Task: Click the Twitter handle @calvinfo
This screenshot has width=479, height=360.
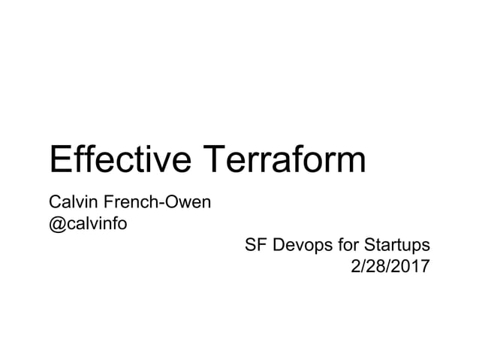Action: [x=86, y=223]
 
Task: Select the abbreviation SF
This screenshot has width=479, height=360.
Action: [x=256, y=245]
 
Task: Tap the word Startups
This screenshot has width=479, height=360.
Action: [x=396, y=246]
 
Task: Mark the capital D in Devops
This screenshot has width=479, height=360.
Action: [x=279, y=245]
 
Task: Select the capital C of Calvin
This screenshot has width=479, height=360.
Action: [x=54, y=202]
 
